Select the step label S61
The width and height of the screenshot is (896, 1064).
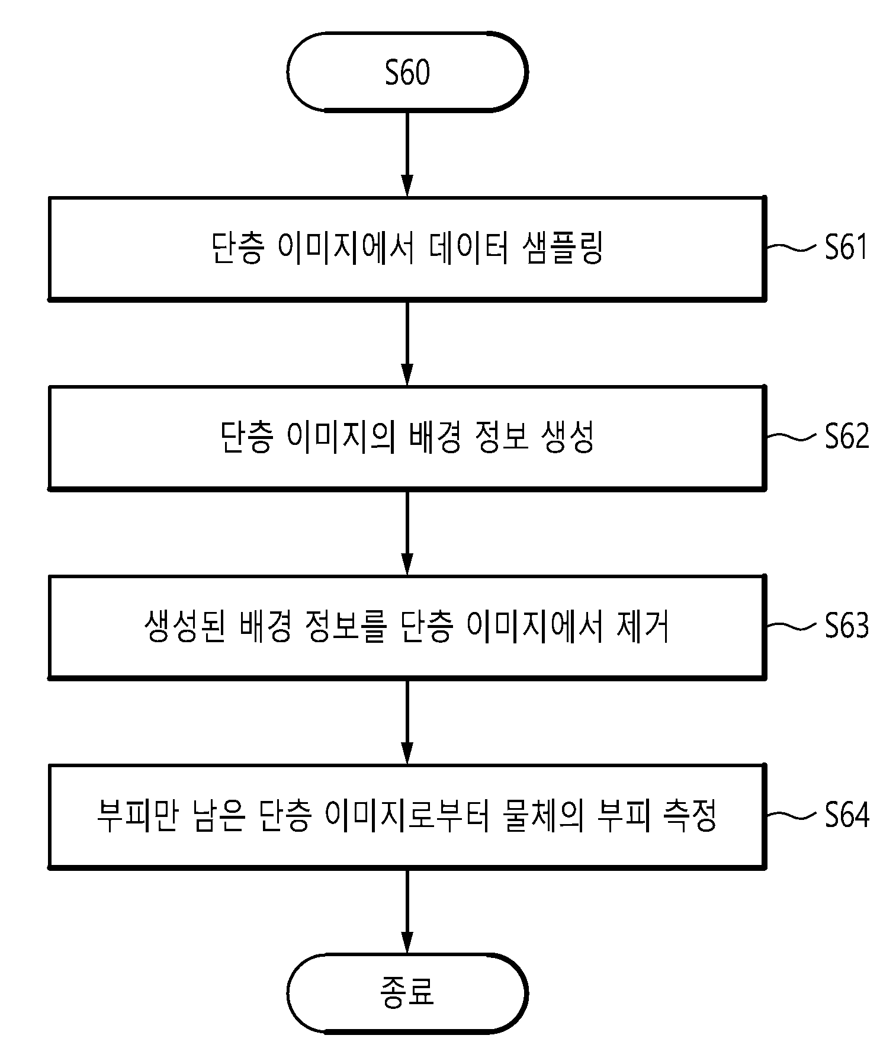[847, 247]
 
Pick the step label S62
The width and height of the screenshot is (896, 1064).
[847, 437]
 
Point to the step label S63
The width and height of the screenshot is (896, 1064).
[847, 626]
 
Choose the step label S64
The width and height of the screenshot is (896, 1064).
[847, 816]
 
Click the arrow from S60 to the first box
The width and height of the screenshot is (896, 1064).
[407, 153]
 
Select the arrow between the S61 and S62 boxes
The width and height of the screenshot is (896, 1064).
[407, 343]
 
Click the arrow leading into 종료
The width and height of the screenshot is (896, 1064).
[407, 911]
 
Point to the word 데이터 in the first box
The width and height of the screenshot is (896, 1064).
[467, 248]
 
